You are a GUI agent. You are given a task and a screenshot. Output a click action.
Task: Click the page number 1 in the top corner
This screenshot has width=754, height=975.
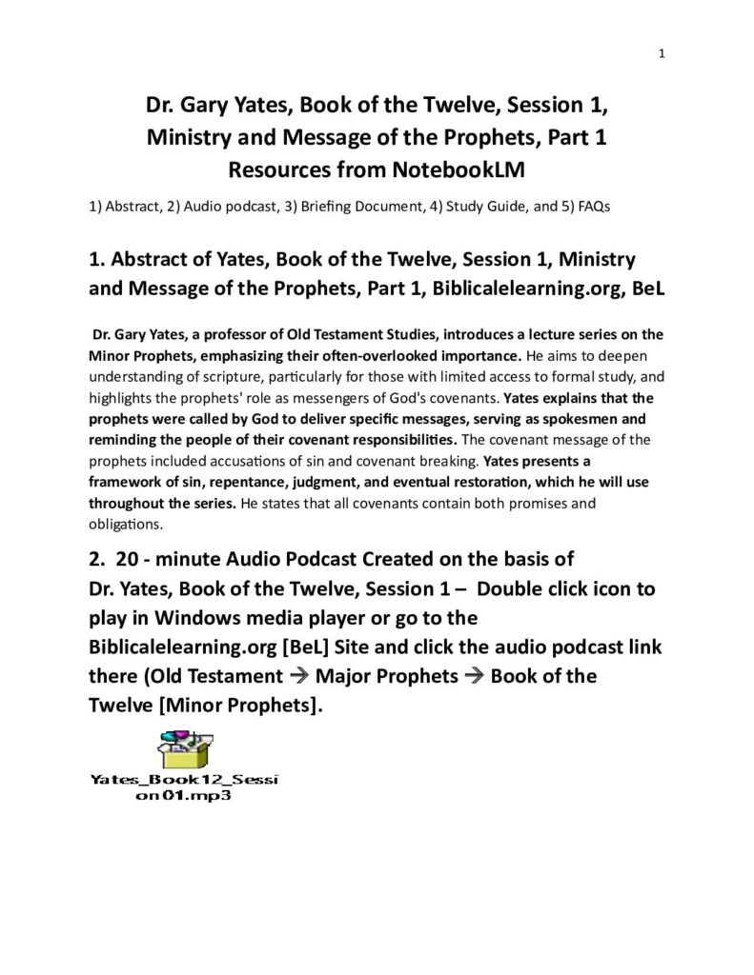(662, 53)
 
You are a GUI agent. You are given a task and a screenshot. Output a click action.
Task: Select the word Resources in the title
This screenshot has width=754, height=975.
(275, 170)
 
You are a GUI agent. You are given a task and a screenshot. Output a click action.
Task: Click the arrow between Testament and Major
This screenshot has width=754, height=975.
(297, 677)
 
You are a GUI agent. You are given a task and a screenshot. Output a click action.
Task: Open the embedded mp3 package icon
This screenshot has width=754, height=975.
(184, 748)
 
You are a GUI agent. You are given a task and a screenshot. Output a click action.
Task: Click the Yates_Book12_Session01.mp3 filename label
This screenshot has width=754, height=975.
(184, 788)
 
